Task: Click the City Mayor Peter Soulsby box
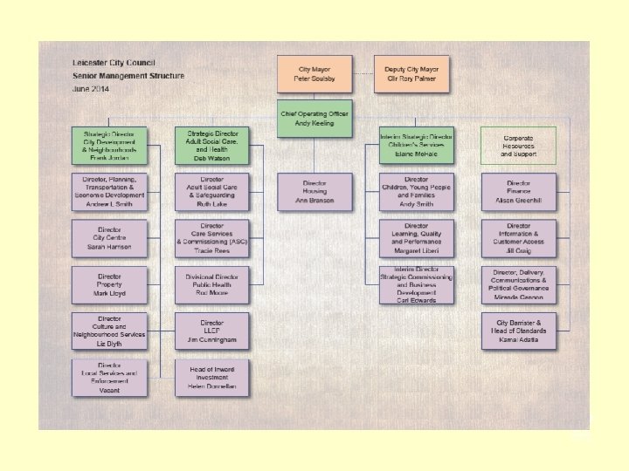coord(315,74)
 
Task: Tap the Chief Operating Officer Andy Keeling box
coord(315,119)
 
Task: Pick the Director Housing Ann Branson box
coord(315,192)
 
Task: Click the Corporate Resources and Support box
coord(518,145)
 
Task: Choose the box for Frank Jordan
coord(110,145)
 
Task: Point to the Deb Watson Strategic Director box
coord(212,145)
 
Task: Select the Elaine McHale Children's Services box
coord(417,145)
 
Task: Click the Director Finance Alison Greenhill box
coord(518,192)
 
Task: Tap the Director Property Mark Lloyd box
coord(110,286)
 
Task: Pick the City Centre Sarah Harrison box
coord(110,239)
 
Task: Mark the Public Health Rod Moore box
coord(212,286)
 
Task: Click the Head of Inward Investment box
coord(212,379)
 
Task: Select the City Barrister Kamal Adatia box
coord(518,332)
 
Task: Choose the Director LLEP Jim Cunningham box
coord(212,332)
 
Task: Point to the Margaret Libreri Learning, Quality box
coord(417,239)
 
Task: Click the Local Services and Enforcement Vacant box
coord(110,379)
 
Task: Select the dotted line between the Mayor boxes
coord(363,74)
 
